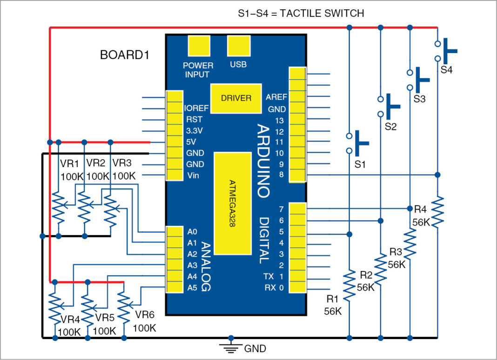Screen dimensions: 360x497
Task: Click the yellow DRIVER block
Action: pos(236,98)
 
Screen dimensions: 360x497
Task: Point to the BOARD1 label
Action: pos(124,55)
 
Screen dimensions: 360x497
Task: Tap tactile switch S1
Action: pos(355,143)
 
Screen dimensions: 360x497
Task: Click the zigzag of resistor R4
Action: pos(437,212)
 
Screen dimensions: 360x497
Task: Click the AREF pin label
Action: pos(276,97)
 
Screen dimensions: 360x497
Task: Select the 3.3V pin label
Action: pos(194,130)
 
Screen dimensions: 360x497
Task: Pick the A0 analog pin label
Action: pos(193,231)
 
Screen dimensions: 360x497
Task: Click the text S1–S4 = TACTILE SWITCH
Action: pos(301,14)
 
